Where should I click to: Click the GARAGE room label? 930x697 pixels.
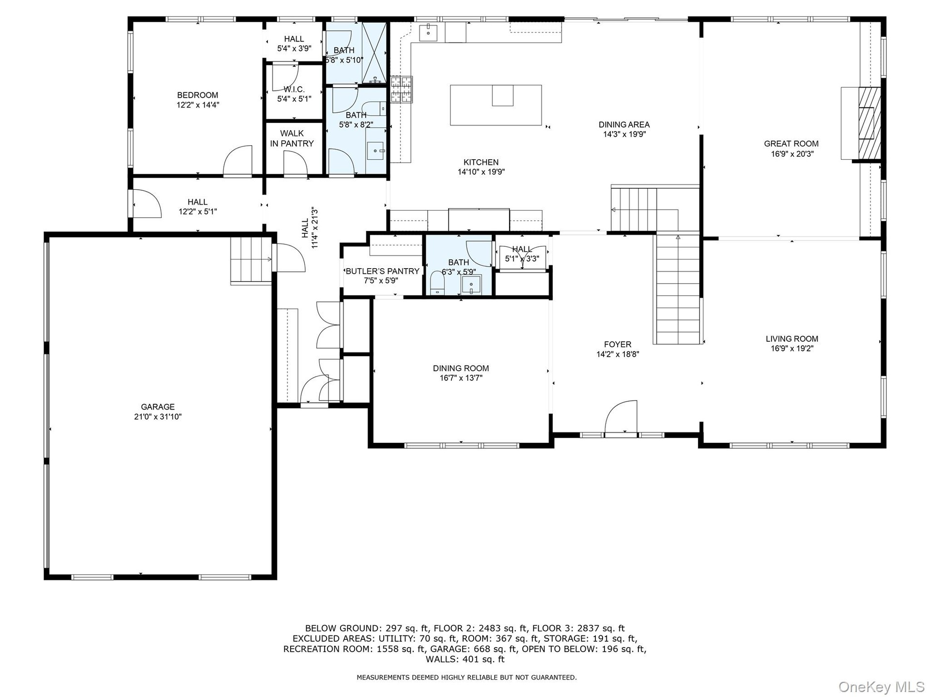pos(158,407)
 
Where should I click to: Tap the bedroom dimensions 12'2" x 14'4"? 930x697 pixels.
pos(198,105)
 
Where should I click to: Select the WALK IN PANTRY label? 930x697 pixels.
pos(292,138)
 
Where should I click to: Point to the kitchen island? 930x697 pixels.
pos(496,105)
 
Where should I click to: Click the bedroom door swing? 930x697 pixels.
pos(237,161)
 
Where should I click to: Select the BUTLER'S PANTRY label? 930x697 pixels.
pos(382,272)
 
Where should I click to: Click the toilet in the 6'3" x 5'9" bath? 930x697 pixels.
pos(437,283)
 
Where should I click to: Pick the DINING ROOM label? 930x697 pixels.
pos(461,368)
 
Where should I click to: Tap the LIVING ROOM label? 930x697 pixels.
pos(792,339)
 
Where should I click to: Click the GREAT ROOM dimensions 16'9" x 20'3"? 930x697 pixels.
pos(791,154)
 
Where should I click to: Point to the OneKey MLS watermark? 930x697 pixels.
pos(881,686)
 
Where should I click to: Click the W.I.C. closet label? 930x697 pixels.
pos(294,90)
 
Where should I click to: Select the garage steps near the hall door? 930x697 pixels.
pos(250,259)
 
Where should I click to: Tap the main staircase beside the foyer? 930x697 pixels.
pos(677,289)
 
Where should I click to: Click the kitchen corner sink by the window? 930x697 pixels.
pos(429,33)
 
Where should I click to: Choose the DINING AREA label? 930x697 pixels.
pos(624,125)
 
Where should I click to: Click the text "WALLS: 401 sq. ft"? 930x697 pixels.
pos(465,659)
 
